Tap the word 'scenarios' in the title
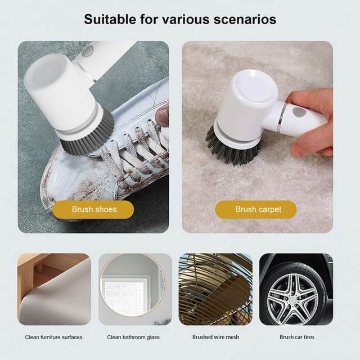coord(245,19)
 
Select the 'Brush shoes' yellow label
coord(93,209)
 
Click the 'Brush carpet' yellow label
coord(256,209)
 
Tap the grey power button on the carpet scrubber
coord(299,112)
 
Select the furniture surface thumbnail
coord(54,289)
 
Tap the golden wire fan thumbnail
coord(215,289)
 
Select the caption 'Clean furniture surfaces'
coord(54,337)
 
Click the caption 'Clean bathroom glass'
coord(133,337)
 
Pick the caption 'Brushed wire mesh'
coord(216,337)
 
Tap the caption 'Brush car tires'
coord(297,337)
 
